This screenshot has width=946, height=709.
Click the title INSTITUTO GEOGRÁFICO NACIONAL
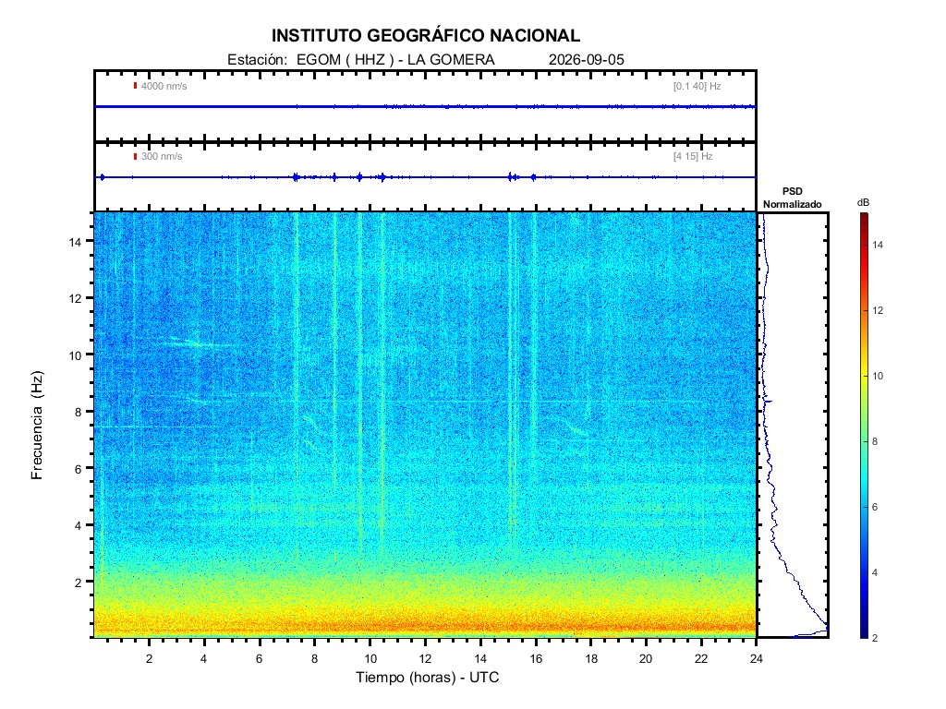point(425,36)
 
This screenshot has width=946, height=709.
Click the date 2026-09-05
point(586,60)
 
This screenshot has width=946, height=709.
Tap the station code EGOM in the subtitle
point(319,60)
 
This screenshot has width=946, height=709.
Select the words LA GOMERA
point(451,60)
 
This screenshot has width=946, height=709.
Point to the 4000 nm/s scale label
point(164,86)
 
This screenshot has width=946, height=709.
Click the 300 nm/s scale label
point(161,156)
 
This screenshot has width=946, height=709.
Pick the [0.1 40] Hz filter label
point(697,86)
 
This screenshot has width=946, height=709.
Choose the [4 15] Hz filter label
point(693,156)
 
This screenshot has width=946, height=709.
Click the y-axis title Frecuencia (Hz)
point(37,426)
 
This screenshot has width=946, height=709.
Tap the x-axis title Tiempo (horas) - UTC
point(427,677)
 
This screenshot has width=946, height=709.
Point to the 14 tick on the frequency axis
point(75,242)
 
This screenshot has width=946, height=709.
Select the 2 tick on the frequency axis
point(78,583)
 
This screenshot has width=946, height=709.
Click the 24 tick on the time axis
point(756,658)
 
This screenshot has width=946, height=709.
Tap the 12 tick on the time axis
point(425,658)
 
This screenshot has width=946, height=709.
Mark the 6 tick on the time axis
point(260,658)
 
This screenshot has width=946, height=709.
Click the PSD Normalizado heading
point(792,198)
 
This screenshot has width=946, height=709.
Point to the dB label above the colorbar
point(864,202)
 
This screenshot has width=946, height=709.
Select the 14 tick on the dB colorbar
point(878,245)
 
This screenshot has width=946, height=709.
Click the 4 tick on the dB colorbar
point(875,572)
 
